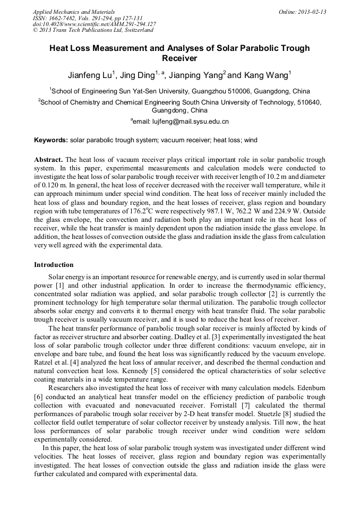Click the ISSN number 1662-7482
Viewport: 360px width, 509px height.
(64, 18)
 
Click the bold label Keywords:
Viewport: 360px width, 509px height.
(51, 140)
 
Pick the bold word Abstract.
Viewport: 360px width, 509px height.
(48, 160)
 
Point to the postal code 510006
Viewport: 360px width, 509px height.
(236, 91)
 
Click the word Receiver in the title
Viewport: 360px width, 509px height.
(179, 58)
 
